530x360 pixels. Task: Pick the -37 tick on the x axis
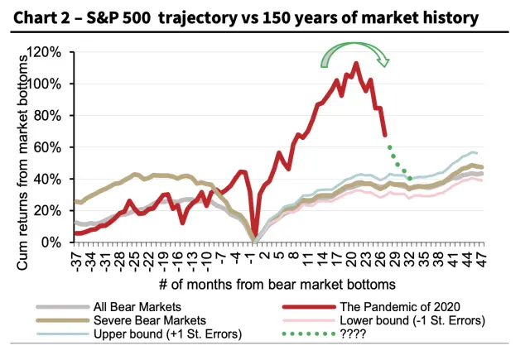pos(77,258)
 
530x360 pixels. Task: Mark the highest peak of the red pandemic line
pos(356,63)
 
